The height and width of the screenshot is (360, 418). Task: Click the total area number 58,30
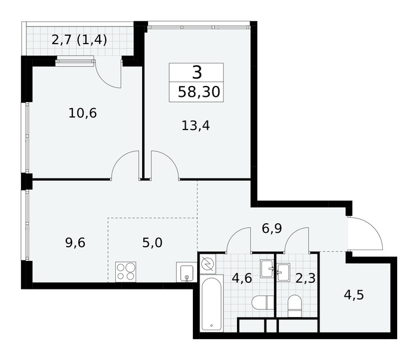pos(199,92)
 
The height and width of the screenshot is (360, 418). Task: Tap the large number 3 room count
pos(197,72)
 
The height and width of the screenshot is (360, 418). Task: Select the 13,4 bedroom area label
pos(196,125)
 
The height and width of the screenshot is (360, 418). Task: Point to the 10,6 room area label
pos(82,113)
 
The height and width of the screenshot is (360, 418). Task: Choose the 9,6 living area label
pos(75,243)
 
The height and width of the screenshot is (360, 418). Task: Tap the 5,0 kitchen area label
pos(152,243)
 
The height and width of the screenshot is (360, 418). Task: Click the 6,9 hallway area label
pos(272,229)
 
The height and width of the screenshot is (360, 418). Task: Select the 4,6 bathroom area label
pos(242,278)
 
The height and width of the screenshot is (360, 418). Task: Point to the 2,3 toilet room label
pos(306,278)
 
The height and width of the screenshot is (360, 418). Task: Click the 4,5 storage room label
pos(354,296)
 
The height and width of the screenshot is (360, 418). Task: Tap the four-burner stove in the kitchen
pos(125,272)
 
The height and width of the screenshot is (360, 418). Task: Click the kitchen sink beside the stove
pos(186,272)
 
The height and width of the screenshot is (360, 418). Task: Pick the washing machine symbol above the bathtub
pos(208,264)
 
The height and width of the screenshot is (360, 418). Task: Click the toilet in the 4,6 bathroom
pos(263,303)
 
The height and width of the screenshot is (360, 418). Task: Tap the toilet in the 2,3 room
pos(294,306)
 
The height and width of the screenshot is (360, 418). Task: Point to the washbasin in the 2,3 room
pos(284,272)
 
